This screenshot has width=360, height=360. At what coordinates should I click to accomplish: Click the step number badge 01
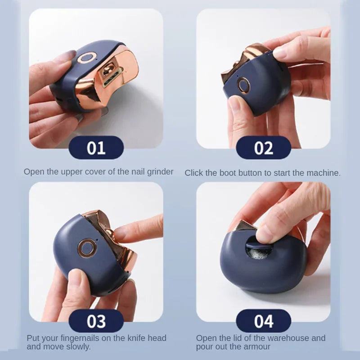(96, 148)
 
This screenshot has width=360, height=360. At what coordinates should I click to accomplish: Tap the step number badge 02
(263, 148)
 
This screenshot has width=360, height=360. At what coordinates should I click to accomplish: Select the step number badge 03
(96, 321)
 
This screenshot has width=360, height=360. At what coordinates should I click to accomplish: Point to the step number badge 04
(263, 321)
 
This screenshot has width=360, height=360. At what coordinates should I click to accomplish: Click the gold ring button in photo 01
(86, 58)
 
